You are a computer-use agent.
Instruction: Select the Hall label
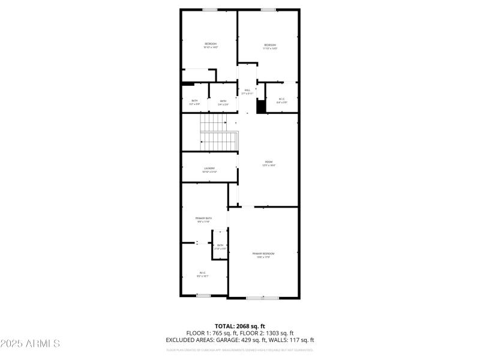pyautogui.click(x=247, y=91)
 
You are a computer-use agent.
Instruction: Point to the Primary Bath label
pyautogui.click(x=204, y=219)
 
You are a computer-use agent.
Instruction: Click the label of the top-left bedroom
pyautogui.click(x=210, y=45)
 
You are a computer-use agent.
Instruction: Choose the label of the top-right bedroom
pyautogui.click(x=270, y=46)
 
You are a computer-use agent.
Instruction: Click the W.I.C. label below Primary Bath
pyautogui.click(x=203, y=275)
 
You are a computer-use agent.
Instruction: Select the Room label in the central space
pyautogui.click(x=269, y=163)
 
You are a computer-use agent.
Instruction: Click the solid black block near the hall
pyautogui.click(x=261, y=107)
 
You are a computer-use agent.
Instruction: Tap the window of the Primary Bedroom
pyautogui.click(x=263, y=298)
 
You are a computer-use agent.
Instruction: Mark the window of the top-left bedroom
pyautogui.click(x=210, y=9)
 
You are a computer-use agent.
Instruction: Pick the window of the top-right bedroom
pyautogui.click(x=268, y=9)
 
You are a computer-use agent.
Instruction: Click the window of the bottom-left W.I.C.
pyautogui.click(x=203, y=295)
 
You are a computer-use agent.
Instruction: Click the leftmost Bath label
pyautogui.click(x=194, y=101)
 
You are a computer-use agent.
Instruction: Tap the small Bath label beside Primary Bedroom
pyautogui.click(x=220, y=246)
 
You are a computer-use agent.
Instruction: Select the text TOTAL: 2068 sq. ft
pyautogui.click(x=240, y=326)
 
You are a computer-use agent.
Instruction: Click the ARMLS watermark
pyautogui.click(x=30, y=344)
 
